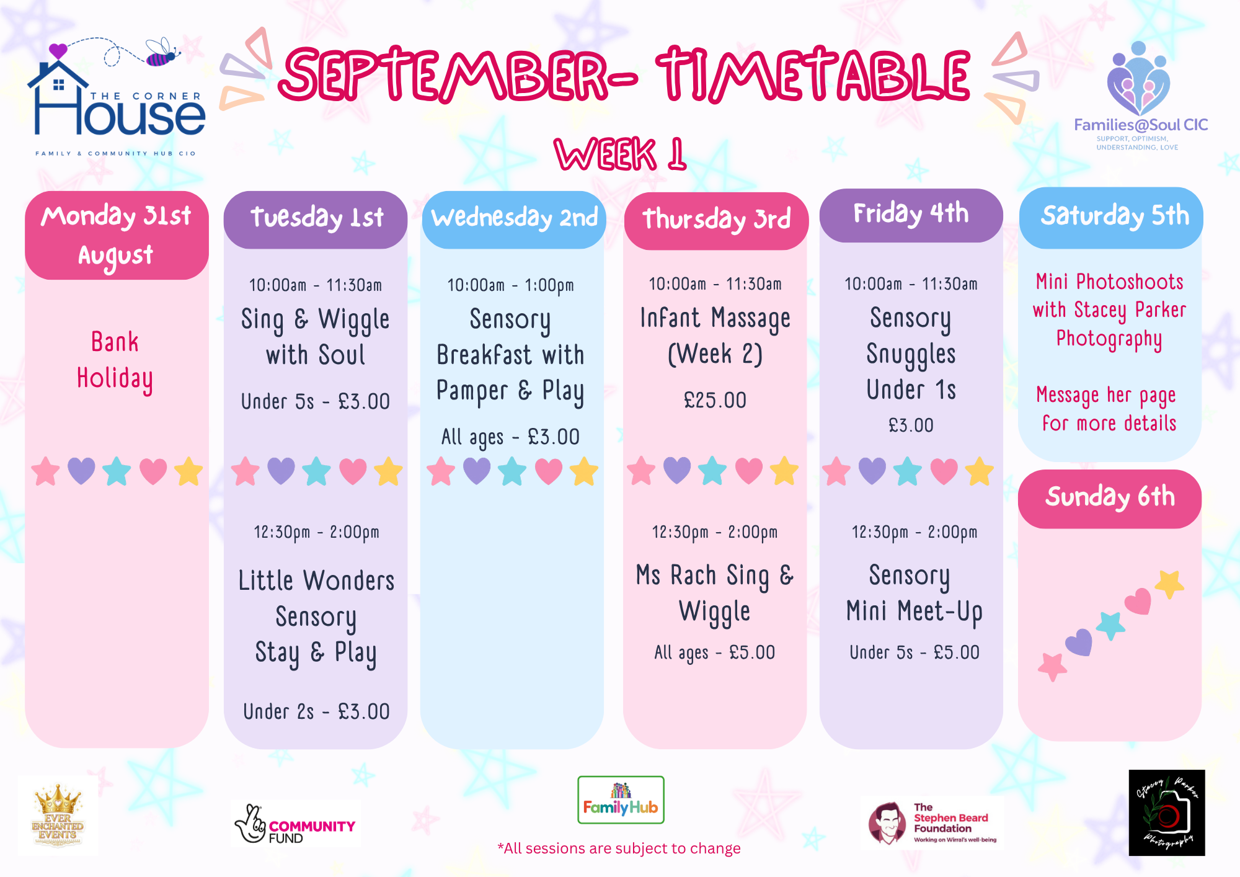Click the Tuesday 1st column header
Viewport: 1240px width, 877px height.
coord(316,220)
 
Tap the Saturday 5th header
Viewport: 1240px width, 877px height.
coord(1111,218)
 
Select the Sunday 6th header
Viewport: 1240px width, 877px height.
coord(1110,499)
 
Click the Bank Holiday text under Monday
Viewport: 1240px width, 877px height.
coord(115,360)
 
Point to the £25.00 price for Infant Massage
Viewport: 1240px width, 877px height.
coord(715,400)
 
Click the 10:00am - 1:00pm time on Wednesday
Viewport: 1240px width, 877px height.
coord(511,285)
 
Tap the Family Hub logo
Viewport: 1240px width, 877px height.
coord(621,800)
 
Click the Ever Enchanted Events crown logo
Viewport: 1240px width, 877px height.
coord(58,815)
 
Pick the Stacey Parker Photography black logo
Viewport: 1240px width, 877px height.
coord(1167,812)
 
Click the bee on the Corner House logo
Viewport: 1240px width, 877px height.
coord(162,53)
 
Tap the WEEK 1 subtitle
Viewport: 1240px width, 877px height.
coord(621,154)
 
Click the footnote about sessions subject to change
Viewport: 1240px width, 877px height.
coord(619,848)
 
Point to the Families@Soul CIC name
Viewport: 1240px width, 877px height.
coord(1141,125)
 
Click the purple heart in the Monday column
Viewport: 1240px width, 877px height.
coord(81,471)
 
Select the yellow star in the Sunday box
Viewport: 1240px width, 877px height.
coord(1169,584)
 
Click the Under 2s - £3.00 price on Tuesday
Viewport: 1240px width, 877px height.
coord(316,711)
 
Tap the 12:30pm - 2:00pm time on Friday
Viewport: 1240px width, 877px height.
coord(914,532)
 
